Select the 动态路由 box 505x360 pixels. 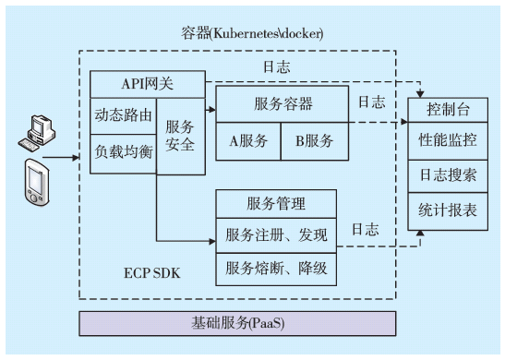click(x=122, y=115)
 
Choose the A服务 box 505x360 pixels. click(x=248, y=140)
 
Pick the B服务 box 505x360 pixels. click(x=314, y=140)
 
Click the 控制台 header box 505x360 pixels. click(x=449, y=110)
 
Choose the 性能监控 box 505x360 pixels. click(x=449, y=142)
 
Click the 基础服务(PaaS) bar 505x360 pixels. click(x=237, y=324)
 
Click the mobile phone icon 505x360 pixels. click(x=35, y=183)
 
